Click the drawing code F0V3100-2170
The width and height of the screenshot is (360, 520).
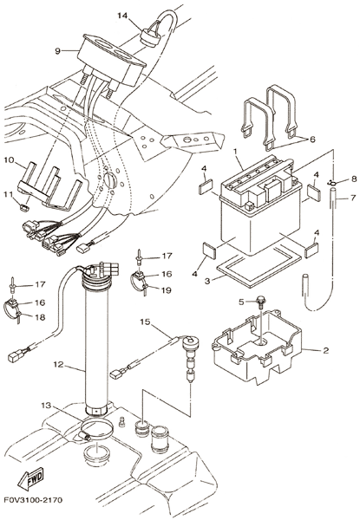click(33, 500)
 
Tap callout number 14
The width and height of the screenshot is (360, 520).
click(122, 16)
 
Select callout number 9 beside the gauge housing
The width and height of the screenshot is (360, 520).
click(58, 51)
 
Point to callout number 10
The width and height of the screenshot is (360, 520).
click(9, 160)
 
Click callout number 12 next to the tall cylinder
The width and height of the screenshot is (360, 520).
click(58, 365)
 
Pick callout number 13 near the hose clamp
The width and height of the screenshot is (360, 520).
click(47, 406)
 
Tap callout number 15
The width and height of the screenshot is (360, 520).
click(145, 322)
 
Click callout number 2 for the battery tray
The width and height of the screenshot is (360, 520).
click(325, 350)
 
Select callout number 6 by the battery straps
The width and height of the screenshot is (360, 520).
click(312, 140)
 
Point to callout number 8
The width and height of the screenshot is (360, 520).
click(354, 179)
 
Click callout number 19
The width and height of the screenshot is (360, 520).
click(167, 290)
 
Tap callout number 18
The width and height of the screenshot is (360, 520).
click(40, 317)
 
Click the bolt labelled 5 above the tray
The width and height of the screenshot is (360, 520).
click(260, 301)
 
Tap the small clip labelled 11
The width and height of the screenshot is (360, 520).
click(24, 208)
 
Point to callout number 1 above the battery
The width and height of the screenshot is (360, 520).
click(235, 151)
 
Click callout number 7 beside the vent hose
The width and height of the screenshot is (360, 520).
click(353, 198)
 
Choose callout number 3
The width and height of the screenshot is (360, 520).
click(207, 281)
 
